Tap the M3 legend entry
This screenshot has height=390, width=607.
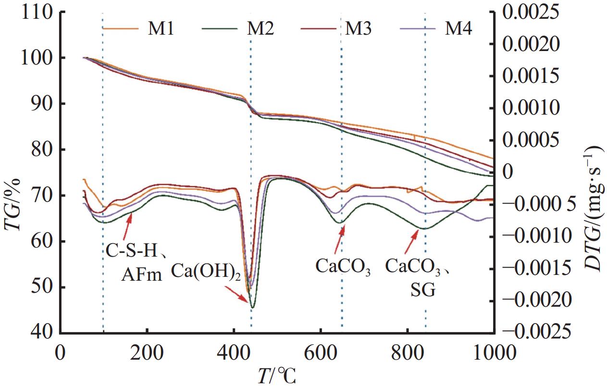[358, 29]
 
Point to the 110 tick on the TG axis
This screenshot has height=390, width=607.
[36, 12]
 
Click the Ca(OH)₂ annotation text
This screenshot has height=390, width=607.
[206, 273]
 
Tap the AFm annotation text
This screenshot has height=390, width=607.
[141, 274]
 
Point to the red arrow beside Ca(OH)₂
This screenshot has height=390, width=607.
[238, 294]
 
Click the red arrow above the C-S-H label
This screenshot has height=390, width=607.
[127, 226]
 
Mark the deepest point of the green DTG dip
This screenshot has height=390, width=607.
[252, 307]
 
